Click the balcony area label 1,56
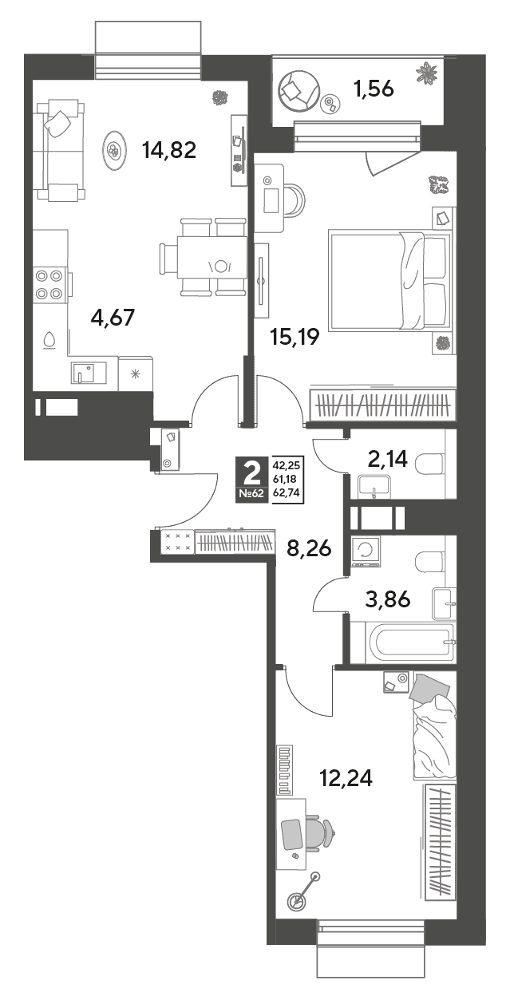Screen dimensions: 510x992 coord(374,89)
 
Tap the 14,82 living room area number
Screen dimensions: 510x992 coord(169,150)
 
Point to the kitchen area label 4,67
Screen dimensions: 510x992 coord(113,318)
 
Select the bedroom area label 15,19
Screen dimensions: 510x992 coord(295,337)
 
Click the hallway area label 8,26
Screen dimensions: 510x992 coord(309,549)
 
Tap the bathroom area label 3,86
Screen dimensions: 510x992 coord(388,599)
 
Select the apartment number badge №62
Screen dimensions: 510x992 coord(252,494)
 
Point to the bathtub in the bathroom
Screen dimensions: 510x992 coord(409,642)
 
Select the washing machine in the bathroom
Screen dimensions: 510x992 coord(366,551)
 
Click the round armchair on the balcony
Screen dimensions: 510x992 coord(298,91)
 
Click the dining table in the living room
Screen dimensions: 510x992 coord(212,257)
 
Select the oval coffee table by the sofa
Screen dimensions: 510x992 coord(114,151)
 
